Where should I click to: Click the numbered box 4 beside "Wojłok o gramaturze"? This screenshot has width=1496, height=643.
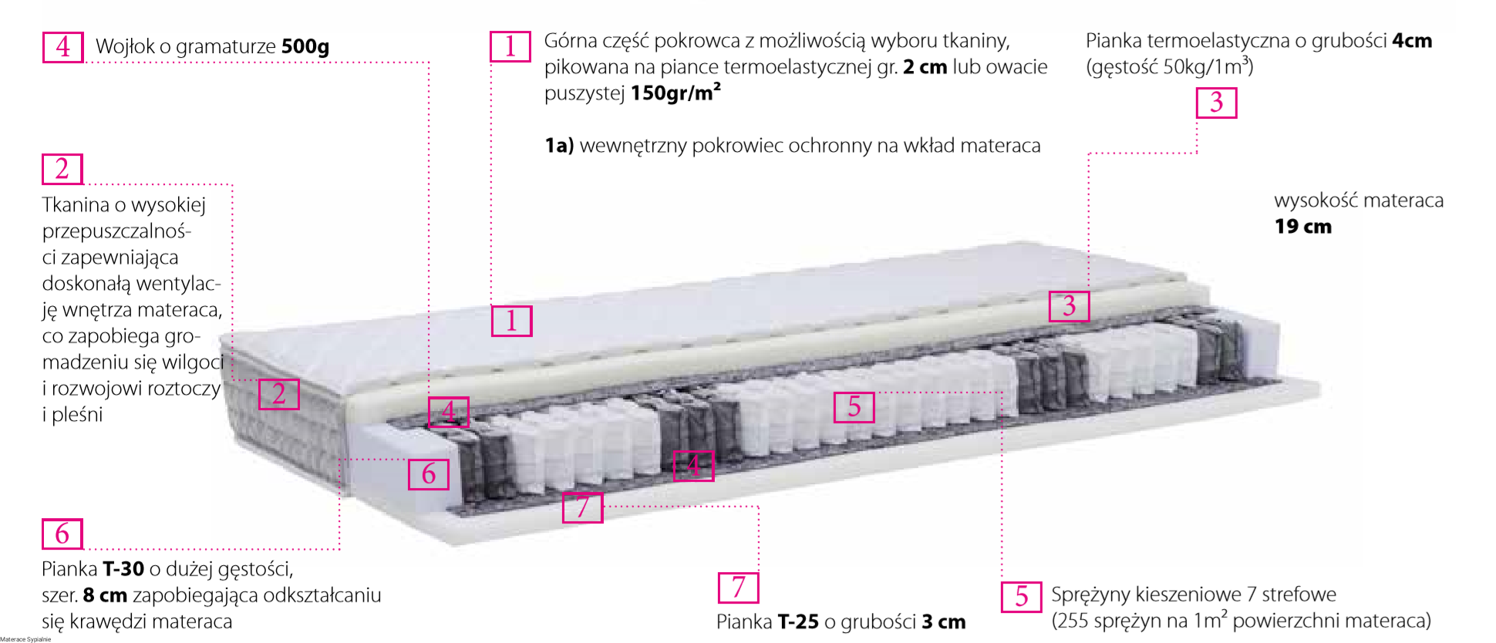62,47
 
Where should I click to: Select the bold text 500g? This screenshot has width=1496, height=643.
305,47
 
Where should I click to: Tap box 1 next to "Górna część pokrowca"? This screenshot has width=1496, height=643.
510,46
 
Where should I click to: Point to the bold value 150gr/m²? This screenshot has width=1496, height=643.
676,93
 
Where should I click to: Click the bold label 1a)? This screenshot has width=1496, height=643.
559,146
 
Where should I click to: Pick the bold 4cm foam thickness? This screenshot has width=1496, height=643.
1412,41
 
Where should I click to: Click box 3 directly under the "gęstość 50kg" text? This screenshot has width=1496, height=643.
1216,103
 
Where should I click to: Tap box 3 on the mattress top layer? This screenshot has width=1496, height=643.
1069,306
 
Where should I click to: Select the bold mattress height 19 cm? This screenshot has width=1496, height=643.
1303,227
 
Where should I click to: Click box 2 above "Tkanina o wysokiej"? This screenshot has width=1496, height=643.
62,169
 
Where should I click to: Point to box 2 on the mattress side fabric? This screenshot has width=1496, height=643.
278,394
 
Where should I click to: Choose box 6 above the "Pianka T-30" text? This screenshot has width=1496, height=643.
62,534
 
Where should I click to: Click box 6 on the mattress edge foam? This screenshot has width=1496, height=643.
429,473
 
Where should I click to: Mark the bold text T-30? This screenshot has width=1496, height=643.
123,569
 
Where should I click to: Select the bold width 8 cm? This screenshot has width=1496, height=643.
105,595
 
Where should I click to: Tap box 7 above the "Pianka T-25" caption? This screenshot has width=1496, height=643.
738,587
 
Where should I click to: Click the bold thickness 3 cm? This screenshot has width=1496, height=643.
944,622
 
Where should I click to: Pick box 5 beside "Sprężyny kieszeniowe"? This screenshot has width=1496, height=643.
1021,597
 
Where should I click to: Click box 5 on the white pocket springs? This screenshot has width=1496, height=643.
854,407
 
